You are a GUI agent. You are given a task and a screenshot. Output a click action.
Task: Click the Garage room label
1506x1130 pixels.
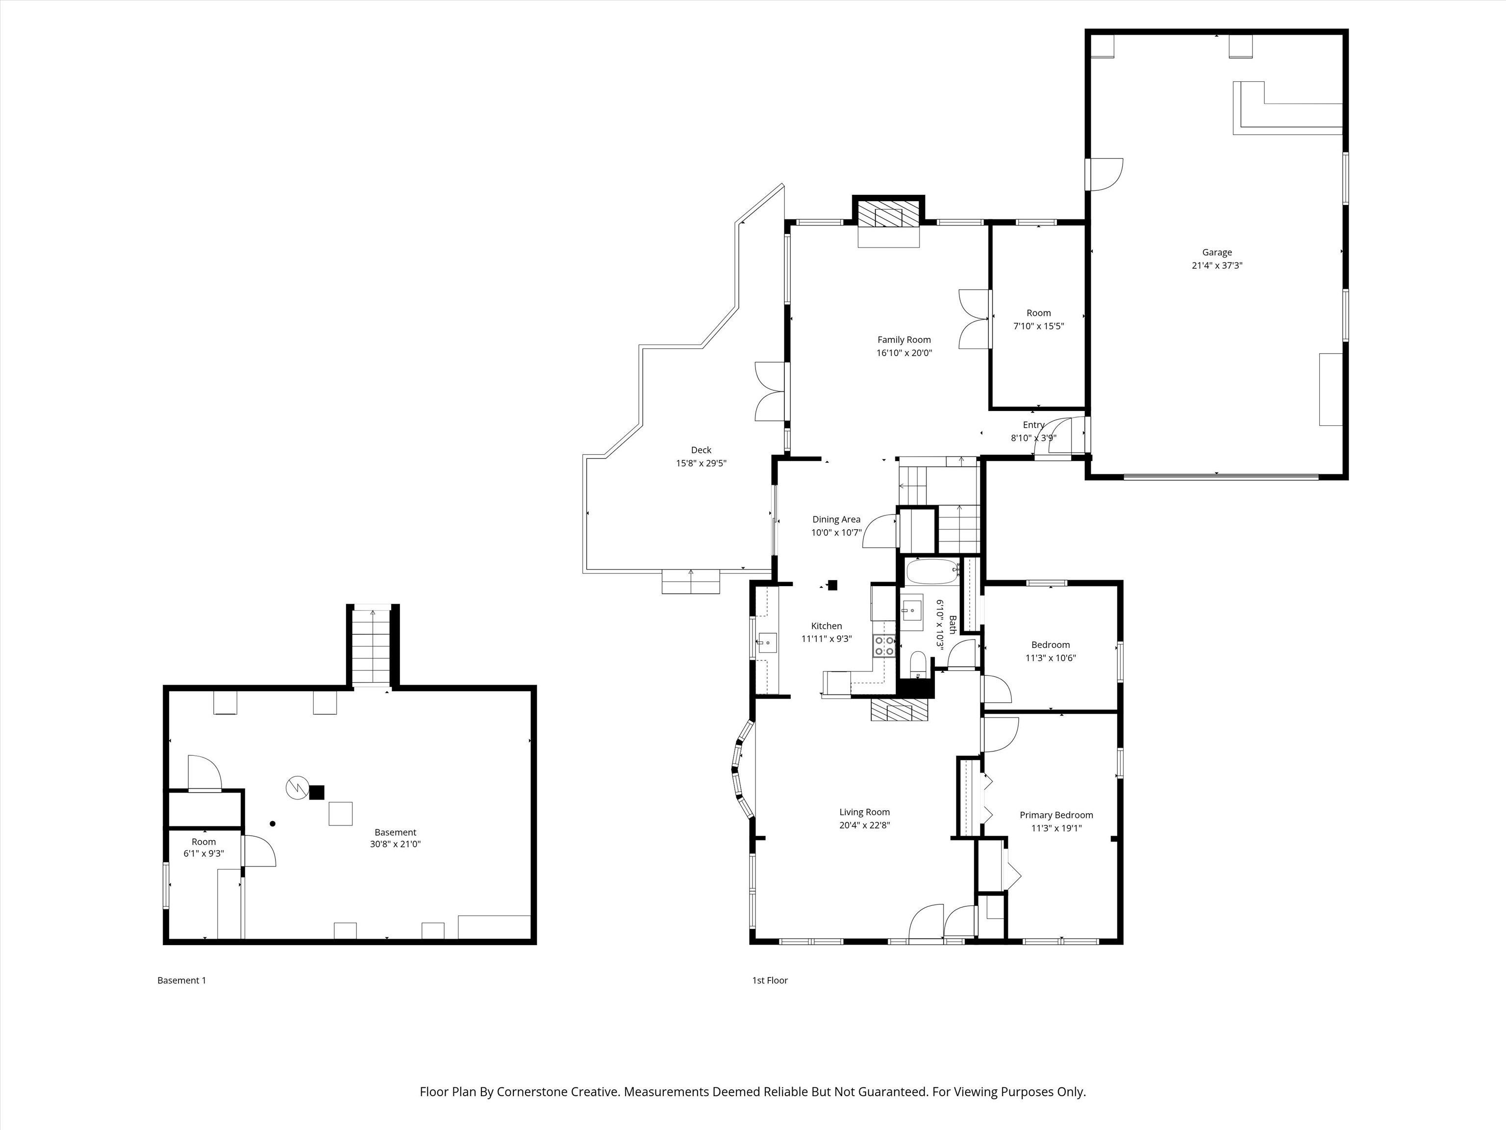pyautogui.click(x=1217, y=253)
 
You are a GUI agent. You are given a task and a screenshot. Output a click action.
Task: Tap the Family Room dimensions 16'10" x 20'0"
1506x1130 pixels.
pyautogui.click(x=904, y=353)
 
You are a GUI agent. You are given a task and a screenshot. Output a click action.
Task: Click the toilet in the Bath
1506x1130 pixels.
pyautogui.click(x=918, y=664)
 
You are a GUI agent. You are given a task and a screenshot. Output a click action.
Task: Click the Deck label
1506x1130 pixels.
pyautogui.click(x=701, y=450)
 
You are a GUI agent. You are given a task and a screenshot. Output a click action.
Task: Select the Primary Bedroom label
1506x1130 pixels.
pyautogui.click(x=1056, y=815)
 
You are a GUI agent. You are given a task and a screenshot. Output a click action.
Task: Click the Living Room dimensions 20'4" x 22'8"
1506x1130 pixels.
pyautogui.click(x=865, y=825)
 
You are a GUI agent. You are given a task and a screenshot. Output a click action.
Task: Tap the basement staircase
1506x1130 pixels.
pyautogui.click(x=372, y=646)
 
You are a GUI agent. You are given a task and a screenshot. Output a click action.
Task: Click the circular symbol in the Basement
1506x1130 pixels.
pyautogui.click(x=297, y=788)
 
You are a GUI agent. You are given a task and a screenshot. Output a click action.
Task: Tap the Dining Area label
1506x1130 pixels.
pyautogui.click(x=836, y=520)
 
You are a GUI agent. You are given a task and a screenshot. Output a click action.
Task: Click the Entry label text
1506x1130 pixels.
pyautogui.click(x=1033, y=425)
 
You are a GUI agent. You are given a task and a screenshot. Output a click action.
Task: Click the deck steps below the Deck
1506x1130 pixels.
pyautogui.click(x=691, y=582)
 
